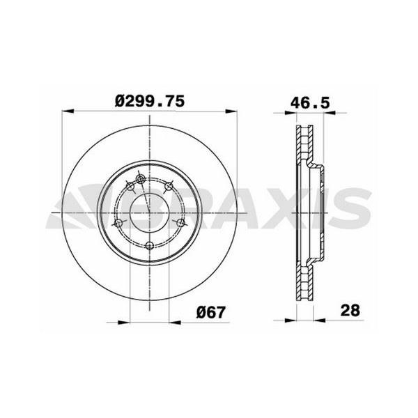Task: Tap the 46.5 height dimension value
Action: (309, 101)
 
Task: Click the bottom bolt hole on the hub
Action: (150, 245)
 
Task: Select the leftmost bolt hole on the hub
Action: (118, 224)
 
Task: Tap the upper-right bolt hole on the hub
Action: (168, 186)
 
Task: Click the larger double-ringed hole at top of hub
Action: (141, 180)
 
